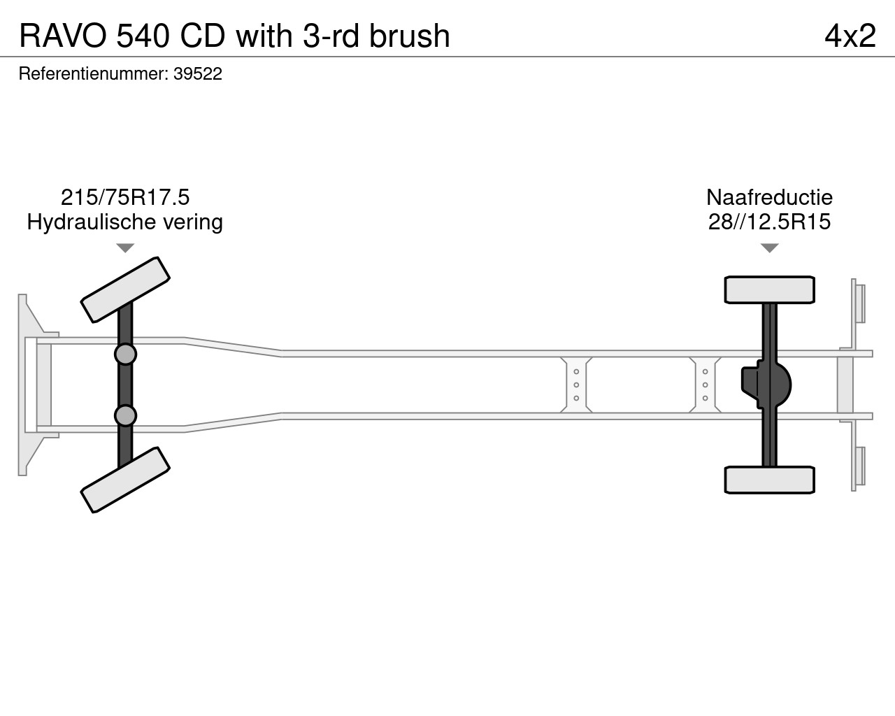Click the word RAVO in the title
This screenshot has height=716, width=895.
pyautogui.click(x=63, y=36)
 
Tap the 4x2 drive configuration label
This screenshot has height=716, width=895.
pyautogui.click(x=850, y=36)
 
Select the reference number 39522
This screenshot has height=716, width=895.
pyautogui.click(x=198, y=74)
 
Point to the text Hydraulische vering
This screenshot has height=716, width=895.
pyautogui.click(x=124, y=222)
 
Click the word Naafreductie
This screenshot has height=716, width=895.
pyautogui.click(x=769, y=197)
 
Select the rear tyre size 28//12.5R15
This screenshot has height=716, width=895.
pyautogui.click(x=769, y=222)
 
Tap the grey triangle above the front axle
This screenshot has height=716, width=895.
pyautogui.click(x=125, y=248)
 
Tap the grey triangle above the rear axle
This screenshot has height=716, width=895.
pyautogui.click(x=769, y=248)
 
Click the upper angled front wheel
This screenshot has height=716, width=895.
pyautogui.click(x=125, y=289)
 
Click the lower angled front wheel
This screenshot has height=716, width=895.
pyautogui.click(x=125, y=480)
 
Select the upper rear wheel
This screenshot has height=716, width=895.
pyautogui.click(x=769, y=289)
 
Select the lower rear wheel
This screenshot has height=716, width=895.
pyautogui.click(x=769, y=480)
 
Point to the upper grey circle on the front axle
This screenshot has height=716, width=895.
pyautogui.click(x=125, y=355)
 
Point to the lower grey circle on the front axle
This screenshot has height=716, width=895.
pyautogui.click(x=125, y=415)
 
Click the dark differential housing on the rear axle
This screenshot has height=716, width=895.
pyautogui.click(x=766, y=385)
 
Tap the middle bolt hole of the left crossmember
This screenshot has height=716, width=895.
pyautogui.click(x=576, y=385)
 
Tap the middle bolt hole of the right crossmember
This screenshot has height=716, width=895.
pyautogui.click(x=706, y=385)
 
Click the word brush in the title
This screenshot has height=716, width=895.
pyautogui.click(x=410, y=36)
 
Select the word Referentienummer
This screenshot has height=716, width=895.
pyautogui.click(x=93, y=74)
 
